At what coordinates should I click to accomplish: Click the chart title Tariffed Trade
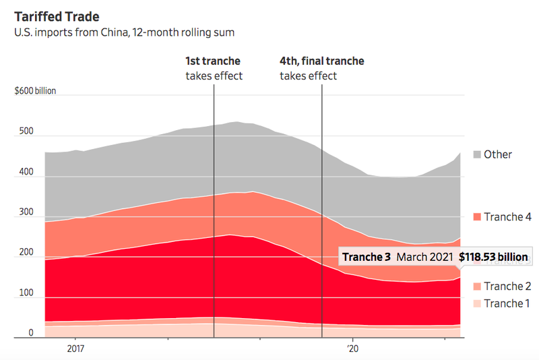[56, 15]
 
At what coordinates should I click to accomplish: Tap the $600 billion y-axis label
[35, 91]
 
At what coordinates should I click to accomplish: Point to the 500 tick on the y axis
[26, 131]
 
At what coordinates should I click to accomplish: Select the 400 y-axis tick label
[26, 172]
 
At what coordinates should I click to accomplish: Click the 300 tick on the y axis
[26, 212]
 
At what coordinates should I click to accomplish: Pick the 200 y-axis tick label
[26, 252]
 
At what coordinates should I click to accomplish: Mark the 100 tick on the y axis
[26, 293]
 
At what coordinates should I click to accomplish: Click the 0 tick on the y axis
[30, 333]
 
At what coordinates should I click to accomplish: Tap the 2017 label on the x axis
[75, 350]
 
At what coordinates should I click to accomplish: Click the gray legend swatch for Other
[477, 154]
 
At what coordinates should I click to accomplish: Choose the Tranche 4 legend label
[507, 216]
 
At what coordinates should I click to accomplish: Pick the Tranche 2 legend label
[507, 287]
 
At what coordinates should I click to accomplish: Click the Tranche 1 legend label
[507, 303]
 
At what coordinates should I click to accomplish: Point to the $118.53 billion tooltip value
[493, 258]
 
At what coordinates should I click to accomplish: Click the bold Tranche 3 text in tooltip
[366, 258]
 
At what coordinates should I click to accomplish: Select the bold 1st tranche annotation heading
[213, 61]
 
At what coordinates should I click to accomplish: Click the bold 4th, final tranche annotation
[321, 61]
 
